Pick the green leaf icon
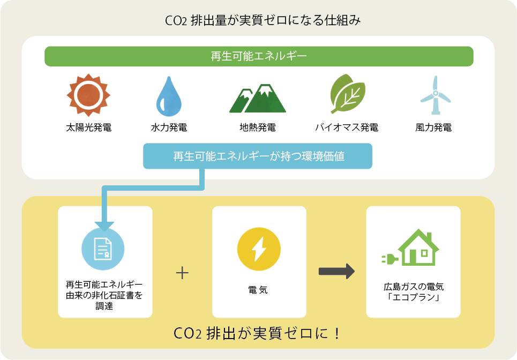point(347,94)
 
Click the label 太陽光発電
point(88,127)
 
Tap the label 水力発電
point(169,127)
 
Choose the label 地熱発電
point(258,127)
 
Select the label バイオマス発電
point(347,127)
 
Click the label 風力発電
point(433,127)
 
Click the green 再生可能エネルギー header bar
point(259,56)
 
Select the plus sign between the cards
point(182,273)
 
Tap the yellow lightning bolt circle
point(259,249)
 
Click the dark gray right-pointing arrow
point(336,271)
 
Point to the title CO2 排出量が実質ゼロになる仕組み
point(259,21)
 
